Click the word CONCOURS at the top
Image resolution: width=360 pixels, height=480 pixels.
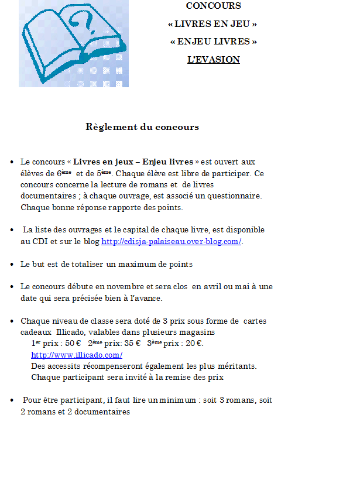tap(213, 6)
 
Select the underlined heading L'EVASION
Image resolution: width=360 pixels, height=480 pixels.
tap(213, 60)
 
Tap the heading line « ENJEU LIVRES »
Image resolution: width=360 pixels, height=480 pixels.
tap(213, 42)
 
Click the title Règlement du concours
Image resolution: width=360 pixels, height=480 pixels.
tap(142, 127)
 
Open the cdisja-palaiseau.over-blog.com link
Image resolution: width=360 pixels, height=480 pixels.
tap(172, 242)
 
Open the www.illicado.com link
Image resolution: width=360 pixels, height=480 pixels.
tap(76, 355)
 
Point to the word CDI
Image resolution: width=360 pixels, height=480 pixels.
tap(39, 242)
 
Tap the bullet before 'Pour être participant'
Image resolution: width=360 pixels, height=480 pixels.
tap(12, 401)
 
